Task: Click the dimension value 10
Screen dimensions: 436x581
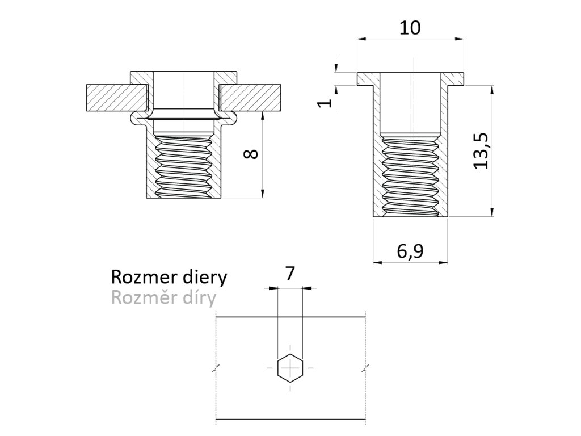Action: coord(410,28)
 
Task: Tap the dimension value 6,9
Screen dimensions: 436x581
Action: coord(409,250)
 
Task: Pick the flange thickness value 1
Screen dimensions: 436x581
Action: coord(324,102)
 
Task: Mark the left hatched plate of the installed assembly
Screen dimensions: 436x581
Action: coord(114,98)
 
